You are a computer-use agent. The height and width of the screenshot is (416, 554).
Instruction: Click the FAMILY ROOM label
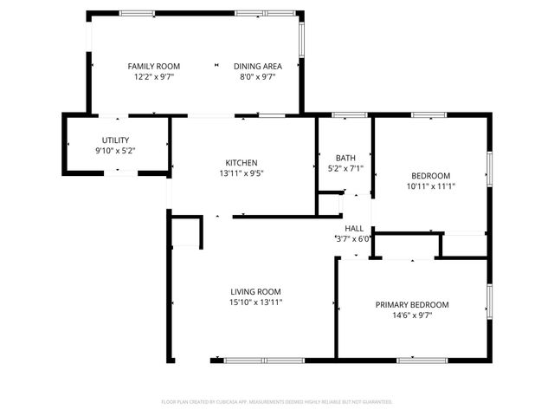pyautogui.click(x=154, y=66)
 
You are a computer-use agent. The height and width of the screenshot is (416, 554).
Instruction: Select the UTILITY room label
pyautogui.click(x=115, y=140)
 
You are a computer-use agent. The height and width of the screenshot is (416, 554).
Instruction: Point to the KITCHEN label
pyautogui.click(x=242, y=163)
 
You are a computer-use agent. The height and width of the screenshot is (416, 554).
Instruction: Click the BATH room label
pyautogui.click(x=345, y=158)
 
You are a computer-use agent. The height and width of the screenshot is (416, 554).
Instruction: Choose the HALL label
pyautogui.click(x=354, y=228)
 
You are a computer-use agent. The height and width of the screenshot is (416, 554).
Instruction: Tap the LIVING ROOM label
pyautogui.click(x=255, y=291)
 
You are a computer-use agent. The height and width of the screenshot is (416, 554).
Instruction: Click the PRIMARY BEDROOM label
pyautogui.click(x=412, y=304)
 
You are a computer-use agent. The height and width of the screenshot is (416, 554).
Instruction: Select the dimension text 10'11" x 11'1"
pyautogui.click(x=430, y=185)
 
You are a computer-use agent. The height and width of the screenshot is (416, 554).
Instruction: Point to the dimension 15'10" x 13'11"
pyautogui.click(x=255, y=302)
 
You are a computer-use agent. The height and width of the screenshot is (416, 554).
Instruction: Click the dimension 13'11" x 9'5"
pyautogui.click(x=242, y=173)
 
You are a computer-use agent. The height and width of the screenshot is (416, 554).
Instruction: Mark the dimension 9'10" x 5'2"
pyautogui.click(x=115, y=151)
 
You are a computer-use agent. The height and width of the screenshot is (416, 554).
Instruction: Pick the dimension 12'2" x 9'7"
pyautogui.click(x=154, y=77)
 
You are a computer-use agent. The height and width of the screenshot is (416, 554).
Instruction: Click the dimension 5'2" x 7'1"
pyautogui.click(x=345, y=169)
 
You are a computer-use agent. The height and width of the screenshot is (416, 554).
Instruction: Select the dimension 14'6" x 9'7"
pyautogui.click(x=412, y=315)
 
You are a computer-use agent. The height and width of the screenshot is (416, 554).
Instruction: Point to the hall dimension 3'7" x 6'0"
pyautogui.click(x=353, y=239)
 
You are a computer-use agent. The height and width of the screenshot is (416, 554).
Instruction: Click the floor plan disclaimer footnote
pyautogui.click(x=277, y=402)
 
